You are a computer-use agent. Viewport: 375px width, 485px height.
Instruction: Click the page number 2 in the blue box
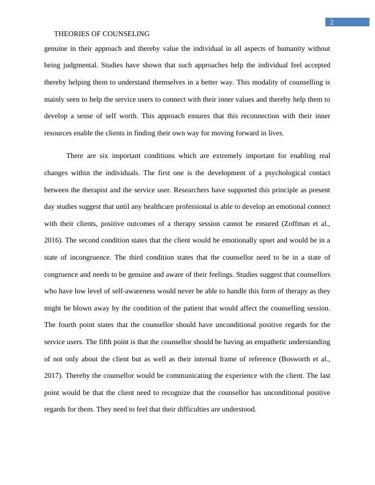coord(331,23)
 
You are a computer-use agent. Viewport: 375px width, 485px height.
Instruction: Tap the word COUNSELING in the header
coord(127,34)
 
